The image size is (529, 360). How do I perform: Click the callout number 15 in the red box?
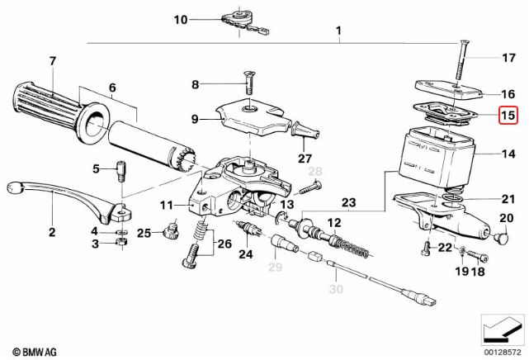coord(508,117)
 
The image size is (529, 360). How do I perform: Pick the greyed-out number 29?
coord(275,266)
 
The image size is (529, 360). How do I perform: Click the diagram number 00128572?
coord(503,353)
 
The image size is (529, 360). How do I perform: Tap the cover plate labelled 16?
coord(446,88)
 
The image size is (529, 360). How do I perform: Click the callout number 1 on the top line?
coord(338,31)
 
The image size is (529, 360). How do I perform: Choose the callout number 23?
coord(348,202)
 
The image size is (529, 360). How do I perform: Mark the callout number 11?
coord(166,205)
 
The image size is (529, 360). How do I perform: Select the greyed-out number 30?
coord(335,290)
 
